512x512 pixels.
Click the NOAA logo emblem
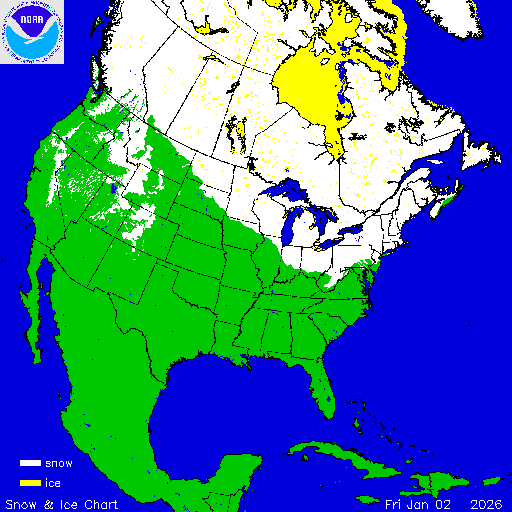pos(32,32)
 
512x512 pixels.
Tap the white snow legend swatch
pos(30,464)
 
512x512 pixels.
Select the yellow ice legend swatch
pos(30,483)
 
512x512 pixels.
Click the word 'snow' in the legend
pos(59,464)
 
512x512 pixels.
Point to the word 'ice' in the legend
pos(53,483)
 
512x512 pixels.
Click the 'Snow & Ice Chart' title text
pos(62,502)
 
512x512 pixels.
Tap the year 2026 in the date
pos(485,502)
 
